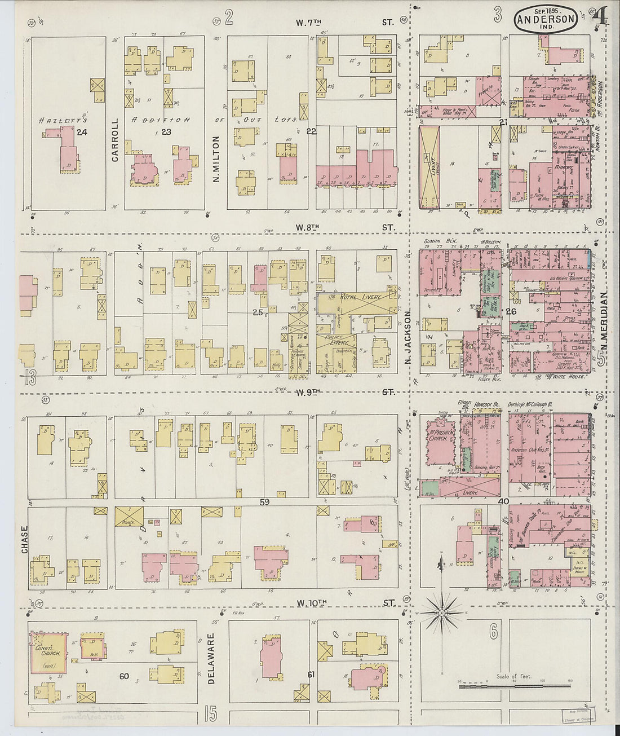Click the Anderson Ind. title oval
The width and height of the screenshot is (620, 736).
(545, 19)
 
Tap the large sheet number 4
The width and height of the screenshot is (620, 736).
(600, 17)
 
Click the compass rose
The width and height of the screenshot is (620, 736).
(442, 612)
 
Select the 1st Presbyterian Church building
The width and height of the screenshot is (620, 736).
(439, 442)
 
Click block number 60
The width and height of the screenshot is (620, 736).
(123, 676)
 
